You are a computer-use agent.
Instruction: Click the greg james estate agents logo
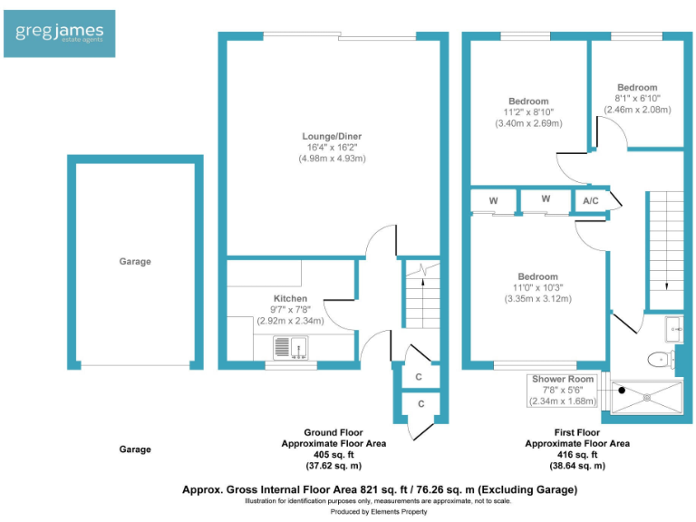coord(59,34)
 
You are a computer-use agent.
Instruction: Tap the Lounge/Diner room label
coord(332,137)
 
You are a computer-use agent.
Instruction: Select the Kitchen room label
coord(290,298)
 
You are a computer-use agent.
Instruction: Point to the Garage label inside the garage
coord(135,262)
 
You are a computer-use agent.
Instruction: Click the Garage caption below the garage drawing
coord(135,449)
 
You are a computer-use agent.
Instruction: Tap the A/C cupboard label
coord(590,200)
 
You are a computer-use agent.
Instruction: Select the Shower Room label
coord(563,379)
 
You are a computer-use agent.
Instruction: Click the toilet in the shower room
coord(660,360)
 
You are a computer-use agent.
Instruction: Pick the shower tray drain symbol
coord(646,396)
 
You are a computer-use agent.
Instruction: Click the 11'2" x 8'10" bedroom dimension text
coord(527,112)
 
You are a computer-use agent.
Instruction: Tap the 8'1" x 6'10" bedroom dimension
coord(637,98)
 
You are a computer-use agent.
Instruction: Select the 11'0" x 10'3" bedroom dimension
coord(537,288)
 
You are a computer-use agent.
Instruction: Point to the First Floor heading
coord(577,433)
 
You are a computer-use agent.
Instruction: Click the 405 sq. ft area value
coord(333,455)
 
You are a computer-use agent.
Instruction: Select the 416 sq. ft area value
coord(577,455)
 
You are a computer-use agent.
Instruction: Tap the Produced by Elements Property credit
coord(379,512)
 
